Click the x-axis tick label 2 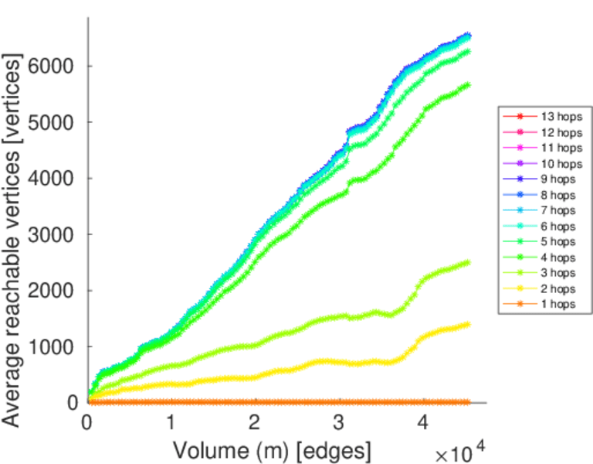255,423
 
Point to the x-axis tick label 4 422,423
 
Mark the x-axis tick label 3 338,423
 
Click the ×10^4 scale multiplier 463,451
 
